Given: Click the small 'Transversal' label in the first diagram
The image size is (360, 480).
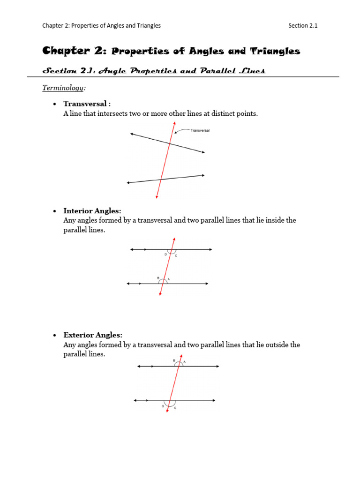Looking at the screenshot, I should coord(200,131).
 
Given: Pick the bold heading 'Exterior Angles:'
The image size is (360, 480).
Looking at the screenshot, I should coord(93,335).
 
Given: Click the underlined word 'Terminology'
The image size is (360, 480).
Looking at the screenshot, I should coord(63,88).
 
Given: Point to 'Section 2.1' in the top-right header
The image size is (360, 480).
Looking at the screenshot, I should coord(303,26).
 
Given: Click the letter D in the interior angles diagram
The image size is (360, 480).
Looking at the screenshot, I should coord(165,255).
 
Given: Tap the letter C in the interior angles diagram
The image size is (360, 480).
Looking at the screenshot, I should coord(176,255).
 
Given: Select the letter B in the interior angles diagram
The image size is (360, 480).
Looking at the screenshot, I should coord(158,278).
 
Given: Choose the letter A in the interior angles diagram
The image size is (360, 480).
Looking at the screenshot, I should coord(169,279).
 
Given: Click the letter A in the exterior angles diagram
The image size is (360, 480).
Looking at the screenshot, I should coord(184,362).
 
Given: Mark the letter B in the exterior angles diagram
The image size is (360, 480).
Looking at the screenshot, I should coord(174,360).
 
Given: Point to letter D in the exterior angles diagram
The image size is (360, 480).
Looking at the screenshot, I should coord(163,406).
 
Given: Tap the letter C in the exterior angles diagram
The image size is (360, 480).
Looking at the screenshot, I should coord(175,408).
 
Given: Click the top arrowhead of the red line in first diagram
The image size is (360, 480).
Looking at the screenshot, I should coord(174,123).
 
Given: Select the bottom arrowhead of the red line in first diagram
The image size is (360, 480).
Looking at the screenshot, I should coord(157,197).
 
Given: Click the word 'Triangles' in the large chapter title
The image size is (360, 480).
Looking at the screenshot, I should coord(277,51).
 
